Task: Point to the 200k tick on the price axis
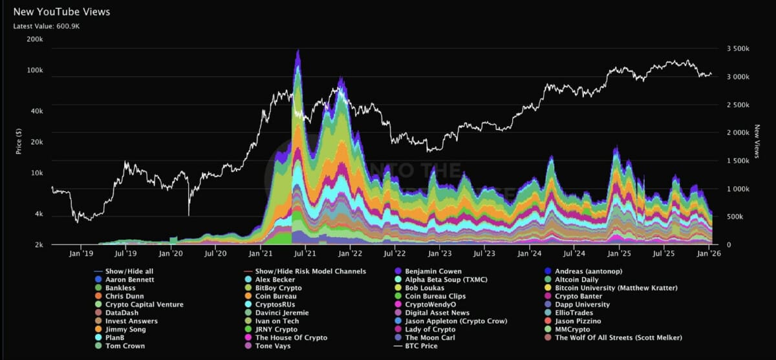(34, 39)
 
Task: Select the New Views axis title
(757, 142)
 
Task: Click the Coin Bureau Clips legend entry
(435, 296)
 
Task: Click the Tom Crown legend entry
(125, 346)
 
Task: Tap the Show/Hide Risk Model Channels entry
(310, 271)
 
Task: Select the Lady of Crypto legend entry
(431, 330)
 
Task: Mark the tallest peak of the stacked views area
(297, 50)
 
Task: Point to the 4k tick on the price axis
(38, 214)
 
